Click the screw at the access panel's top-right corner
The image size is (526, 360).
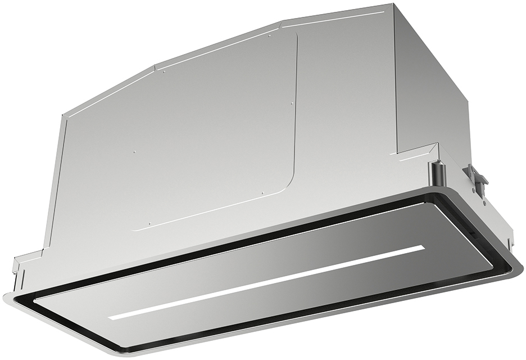point(270,36)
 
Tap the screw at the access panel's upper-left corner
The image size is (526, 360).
point(164,71)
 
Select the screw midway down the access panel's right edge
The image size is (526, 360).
point(293,104)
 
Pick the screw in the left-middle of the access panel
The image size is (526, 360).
point(134,151)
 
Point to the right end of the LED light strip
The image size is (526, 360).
point(423,247)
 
